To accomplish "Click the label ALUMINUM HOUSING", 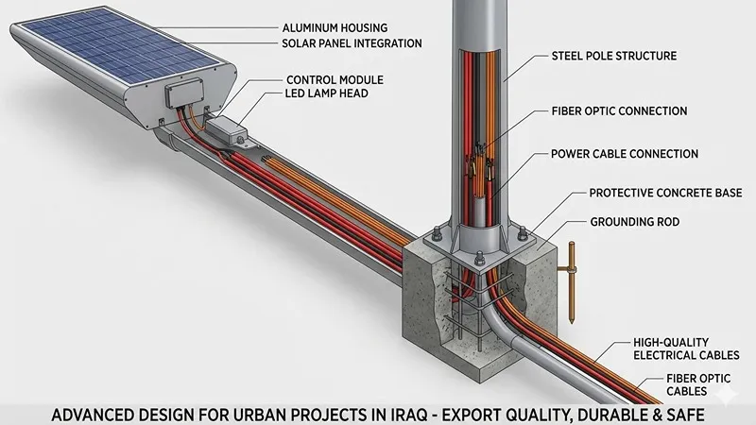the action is (335, 28).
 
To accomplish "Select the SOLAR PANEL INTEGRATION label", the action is (352, 43).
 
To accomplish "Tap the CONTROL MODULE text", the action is (335, 80).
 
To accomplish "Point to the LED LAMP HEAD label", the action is (326, 93).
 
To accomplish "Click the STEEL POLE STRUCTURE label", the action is (613, 56).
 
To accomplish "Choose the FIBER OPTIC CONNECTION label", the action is (619, 111).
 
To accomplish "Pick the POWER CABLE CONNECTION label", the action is (625, 154).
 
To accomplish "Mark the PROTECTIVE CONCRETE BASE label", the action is (665, 194).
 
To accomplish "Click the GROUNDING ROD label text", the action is (634, 222).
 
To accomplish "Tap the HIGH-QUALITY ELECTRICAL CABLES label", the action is (686, 348).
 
